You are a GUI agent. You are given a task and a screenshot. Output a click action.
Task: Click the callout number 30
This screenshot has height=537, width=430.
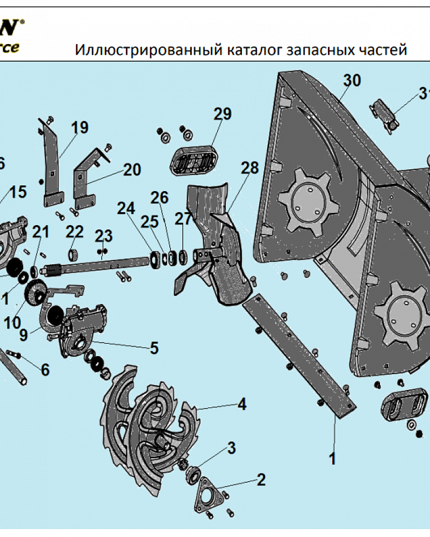tap(352, 81)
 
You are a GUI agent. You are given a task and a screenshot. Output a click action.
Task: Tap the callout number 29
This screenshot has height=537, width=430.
tap(222, 114)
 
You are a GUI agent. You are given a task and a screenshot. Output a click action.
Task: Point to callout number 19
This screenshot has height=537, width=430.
tap(80, 128)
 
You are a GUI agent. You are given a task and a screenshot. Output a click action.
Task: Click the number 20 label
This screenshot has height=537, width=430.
tap(131, 170)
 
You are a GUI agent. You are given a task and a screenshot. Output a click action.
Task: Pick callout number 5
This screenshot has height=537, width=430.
tap(154, 348)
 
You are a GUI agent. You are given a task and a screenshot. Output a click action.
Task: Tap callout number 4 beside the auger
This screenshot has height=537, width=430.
tap(242, 404)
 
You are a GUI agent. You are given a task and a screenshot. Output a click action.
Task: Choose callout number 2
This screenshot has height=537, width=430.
tap(261, 480)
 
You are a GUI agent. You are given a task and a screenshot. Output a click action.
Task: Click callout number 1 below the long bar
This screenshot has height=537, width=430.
tap(332, 459)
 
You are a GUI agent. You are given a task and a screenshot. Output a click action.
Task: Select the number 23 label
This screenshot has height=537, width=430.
tap(104, 235)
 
